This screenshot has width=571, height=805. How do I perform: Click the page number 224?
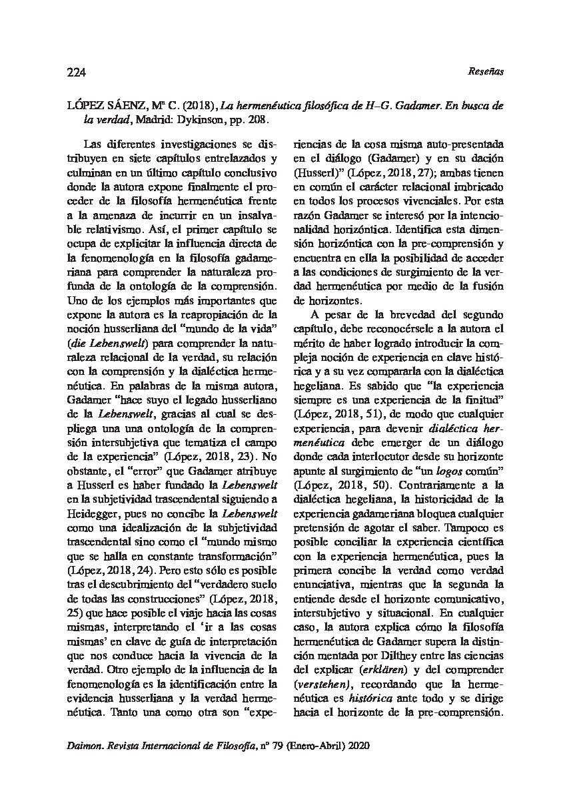(x=77, y=72)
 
